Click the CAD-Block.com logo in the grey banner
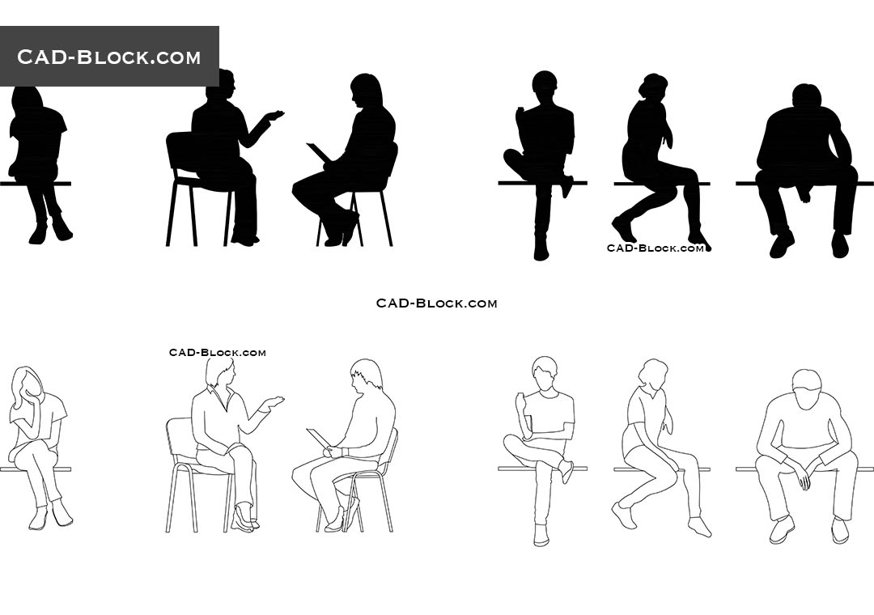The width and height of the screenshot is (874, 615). click(x=108, y=57)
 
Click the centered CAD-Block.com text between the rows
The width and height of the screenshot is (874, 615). click(x=436, y=303)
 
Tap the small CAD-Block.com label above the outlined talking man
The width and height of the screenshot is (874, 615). click(x=217, y=352)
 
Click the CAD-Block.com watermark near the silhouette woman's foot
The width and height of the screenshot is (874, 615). click(x=655, y=248)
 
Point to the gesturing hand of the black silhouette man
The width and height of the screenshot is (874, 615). click(x=275, y=116)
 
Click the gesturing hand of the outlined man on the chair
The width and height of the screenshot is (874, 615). click(x=274, y=401)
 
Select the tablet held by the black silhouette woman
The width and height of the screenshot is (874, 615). click(x=317, y=151)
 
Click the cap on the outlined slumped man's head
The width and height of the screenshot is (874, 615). click(x=806, y=380)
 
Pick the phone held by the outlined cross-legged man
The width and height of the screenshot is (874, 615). click(x=520, y=401)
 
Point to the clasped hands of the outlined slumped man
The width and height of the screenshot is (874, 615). click(x=803, y=480)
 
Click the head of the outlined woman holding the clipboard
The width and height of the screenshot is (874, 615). click(x=367, y=376)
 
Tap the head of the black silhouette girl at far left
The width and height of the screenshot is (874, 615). click(x=28, y=97)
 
